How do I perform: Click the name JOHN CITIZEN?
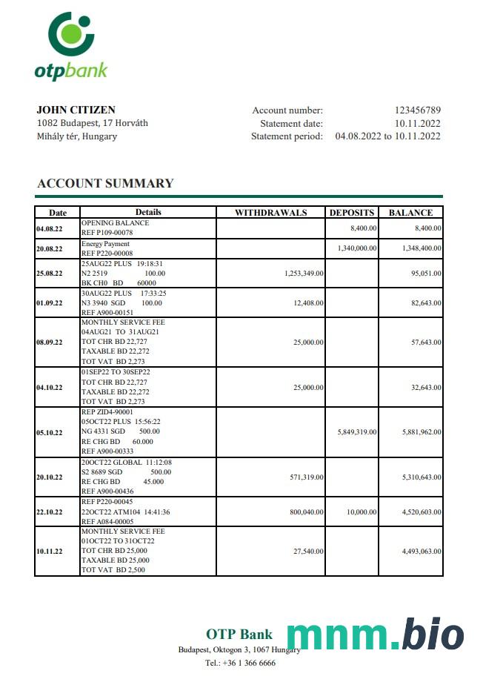pos(76,110)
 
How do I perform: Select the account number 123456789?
pos(417,110)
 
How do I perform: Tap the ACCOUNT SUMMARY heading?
pos(105,183)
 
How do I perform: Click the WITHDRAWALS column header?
pos(270,213)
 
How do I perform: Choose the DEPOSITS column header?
pos(352,213)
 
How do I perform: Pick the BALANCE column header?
pos(410,213)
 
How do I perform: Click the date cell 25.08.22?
pos(50,274)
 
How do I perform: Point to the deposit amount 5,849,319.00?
pos(357,432)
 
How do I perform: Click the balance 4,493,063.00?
pos(422,552)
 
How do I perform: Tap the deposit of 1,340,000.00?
pos(357,248)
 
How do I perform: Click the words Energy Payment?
pos(105,244)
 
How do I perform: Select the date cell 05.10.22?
pos(50,432)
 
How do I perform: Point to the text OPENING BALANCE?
pos(115,223)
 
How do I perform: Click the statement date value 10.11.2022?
pos(417,123)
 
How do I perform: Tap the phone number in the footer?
pos(240,663)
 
